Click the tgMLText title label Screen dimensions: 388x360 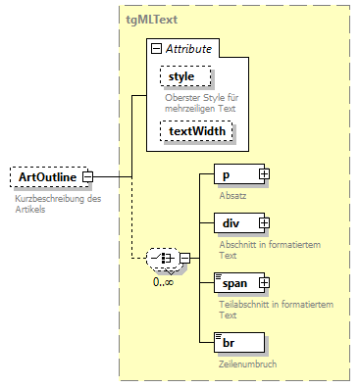(151, 19)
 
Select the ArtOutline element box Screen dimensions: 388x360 (46, 177)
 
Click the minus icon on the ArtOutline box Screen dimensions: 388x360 (88, 177)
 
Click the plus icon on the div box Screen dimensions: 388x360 (264, 224)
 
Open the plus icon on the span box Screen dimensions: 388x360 (264, 283)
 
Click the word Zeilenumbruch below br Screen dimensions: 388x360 (246, 363)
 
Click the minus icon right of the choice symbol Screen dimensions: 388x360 (183, 259)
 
